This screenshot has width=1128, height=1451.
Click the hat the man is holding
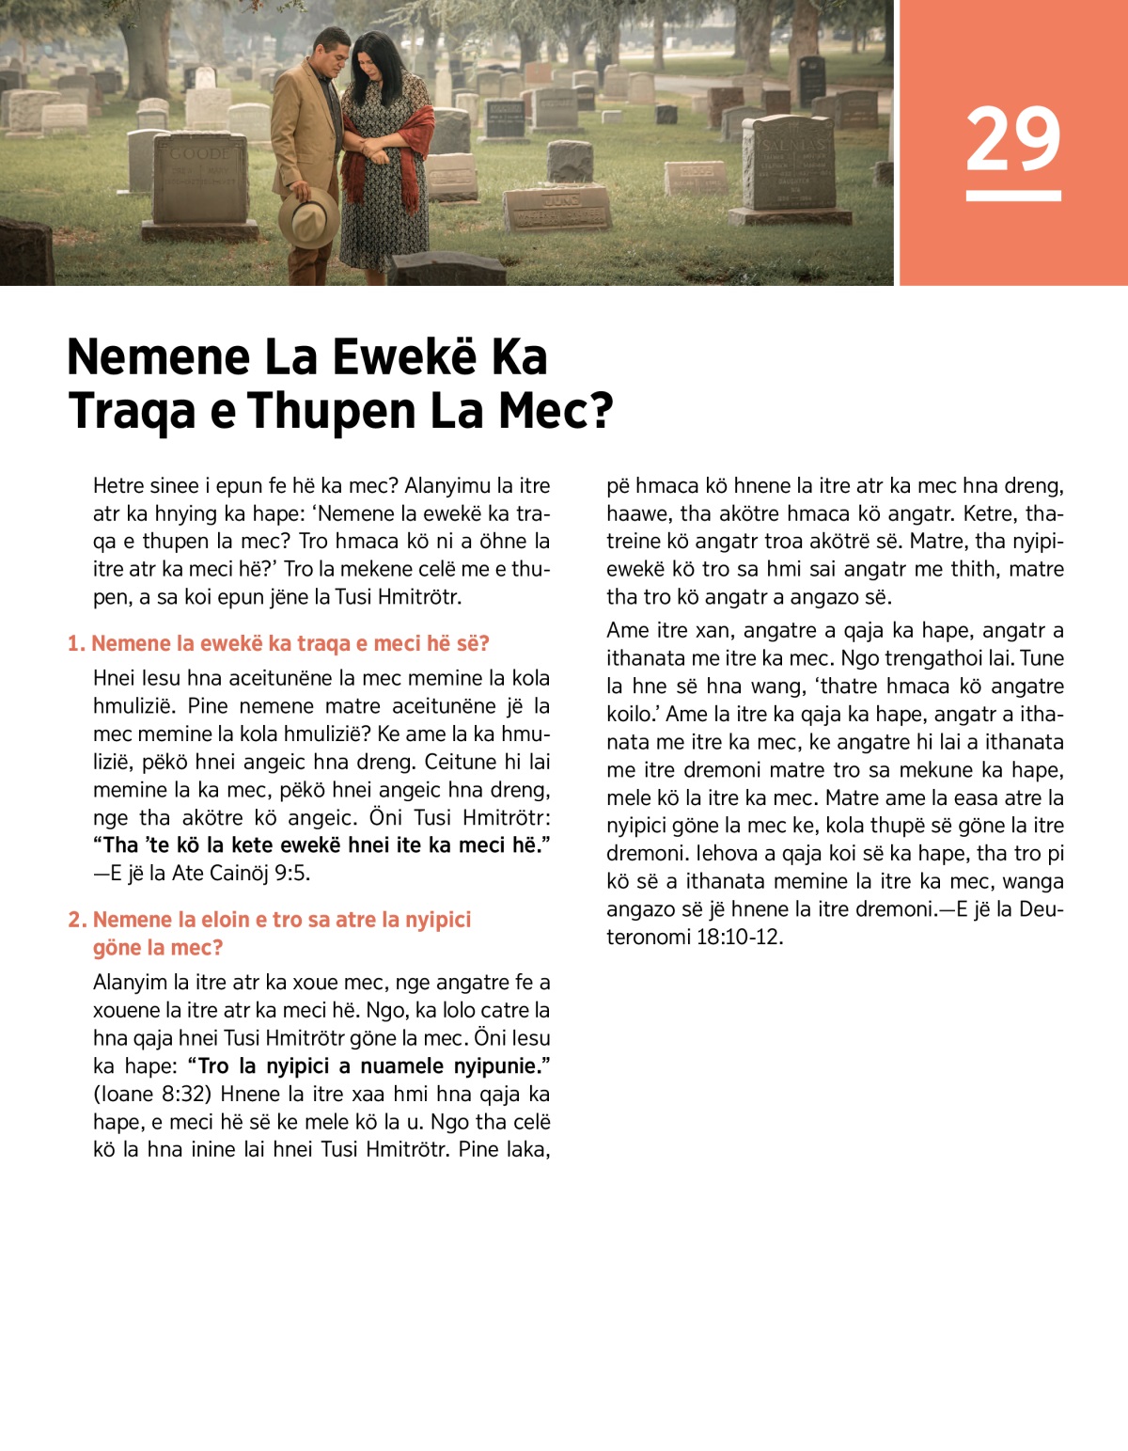(x=309, y=216)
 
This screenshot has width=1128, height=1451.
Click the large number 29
(x=1012, y=139)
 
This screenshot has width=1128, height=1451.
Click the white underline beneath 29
(x=1012, y=196)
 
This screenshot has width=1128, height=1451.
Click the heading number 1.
(x=75, y=644)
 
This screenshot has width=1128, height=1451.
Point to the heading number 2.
(x=76, y=920)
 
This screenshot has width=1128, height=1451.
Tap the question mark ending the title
(x=601, y=411)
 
